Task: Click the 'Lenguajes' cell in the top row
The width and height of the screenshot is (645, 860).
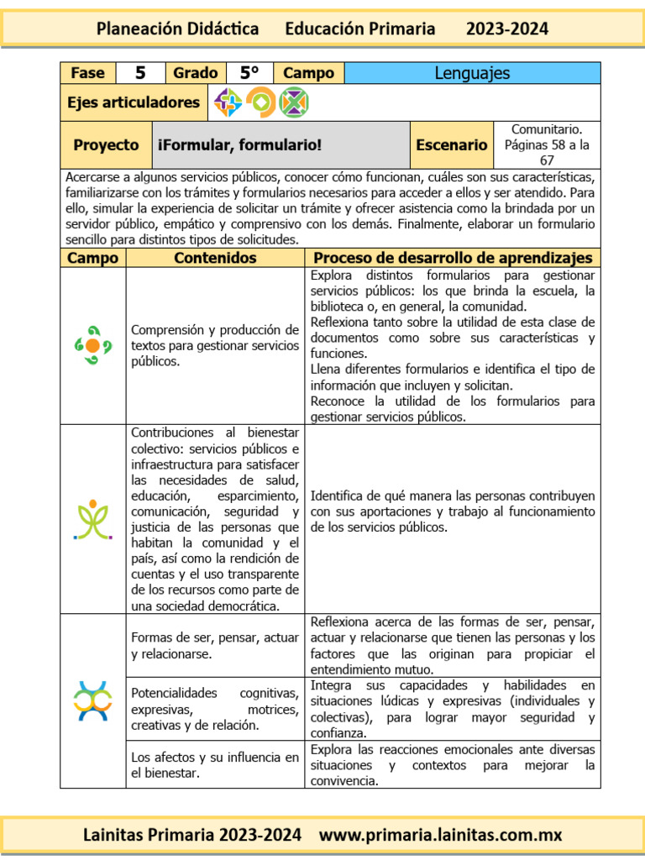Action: pyautogui.click(x=472, y=73)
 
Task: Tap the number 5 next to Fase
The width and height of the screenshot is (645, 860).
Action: pyautogui.click(x=139, y=73)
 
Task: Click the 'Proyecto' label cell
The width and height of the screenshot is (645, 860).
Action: pyautogui.click(x=106, y=144)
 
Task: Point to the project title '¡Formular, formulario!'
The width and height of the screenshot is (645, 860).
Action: pyautogui.click(x=239, y=144)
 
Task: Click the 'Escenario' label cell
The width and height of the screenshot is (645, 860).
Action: pyautogui.click(x=451, y=144)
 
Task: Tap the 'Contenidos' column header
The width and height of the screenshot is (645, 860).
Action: pyautogui.click(x=215, y=258)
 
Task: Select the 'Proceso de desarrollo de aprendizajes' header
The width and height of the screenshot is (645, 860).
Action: pyautogui.click(x=453, y=258)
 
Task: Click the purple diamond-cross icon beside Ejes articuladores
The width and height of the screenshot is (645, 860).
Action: pyautogui.click(x=228, y=102)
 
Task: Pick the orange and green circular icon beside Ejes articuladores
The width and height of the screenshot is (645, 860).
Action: pyautogui.click(x=260, y=102)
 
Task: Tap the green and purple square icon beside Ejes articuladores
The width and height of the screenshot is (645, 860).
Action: pyautogui.click(x=294, y=102)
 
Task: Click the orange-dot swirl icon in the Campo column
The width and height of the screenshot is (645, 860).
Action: pyautogui.click(x=93, y=345)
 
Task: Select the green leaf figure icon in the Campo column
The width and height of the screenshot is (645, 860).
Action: pyautogui.click(x=93, y=519)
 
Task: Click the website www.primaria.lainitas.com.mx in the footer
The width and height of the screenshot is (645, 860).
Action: pyautogui.click(x=440, y=835)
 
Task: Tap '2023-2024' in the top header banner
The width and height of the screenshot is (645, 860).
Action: pyautogui.click(x=507, y=29)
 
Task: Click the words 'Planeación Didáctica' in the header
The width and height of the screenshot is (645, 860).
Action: pyautogui.click(x=177, y=29)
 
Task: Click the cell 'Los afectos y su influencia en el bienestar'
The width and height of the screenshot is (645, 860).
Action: pyautogui.click(x=215, y=764)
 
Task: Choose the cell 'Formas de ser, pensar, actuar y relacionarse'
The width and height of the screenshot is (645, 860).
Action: pyautogui.click(x=215, y=645)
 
